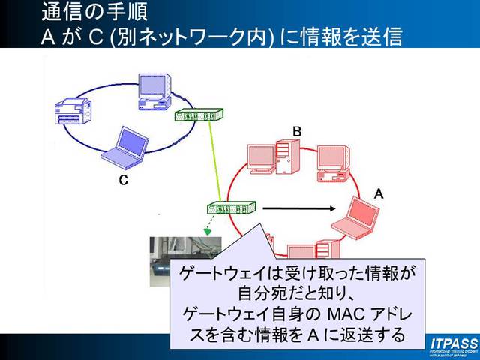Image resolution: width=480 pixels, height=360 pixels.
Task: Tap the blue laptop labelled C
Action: (122, 145)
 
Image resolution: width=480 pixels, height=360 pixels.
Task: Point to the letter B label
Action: (297, 132)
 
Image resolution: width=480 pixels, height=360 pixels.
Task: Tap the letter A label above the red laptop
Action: (379, 193)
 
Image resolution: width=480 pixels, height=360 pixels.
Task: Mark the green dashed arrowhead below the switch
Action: (208, 231)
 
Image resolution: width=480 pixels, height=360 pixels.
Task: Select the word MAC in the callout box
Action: (328, 310)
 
